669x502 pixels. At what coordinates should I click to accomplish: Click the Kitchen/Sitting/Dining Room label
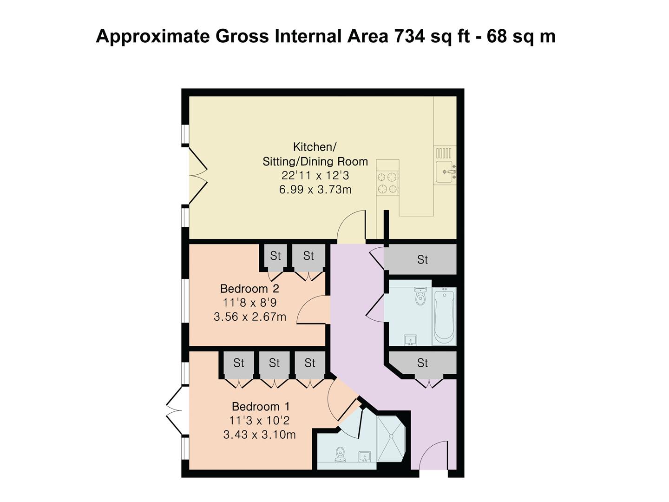(315, 154)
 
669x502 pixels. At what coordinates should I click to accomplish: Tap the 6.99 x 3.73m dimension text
(315, 190)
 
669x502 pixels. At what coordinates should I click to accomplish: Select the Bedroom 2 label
(249, 289)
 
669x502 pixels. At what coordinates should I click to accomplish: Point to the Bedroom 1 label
(261, 407)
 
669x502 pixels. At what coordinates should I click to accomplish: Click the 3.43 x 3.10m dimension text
(259, 435)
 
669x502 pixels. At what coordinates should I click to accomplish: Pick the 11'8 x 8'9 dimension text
(249, 303)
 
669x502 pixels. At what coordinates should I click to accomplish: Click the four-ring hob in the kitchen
(388, 183)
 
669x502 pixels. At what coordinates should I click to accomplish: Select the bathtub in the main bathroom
(444, 316)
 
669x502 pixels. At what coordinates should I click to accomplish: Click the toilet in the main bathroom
(420, 296)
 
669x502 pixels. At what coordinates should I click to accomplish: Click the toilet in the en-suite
(340, 454)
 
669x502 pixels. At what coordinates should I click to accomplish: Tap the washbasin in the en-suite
(365, 456)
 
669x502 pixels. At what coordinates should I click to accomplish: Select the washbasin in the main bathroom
(410, 340)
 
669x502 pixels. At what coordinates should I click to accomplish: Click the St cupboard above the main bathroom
(422, 259)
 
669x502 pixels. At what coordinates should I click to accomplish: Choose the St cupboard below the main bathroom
(422, 363)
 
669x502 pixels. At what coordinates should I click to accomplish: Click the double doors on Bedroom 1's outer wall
(176, 410)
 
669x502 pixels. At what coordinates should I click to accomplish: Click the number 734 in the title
(409, 36)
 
